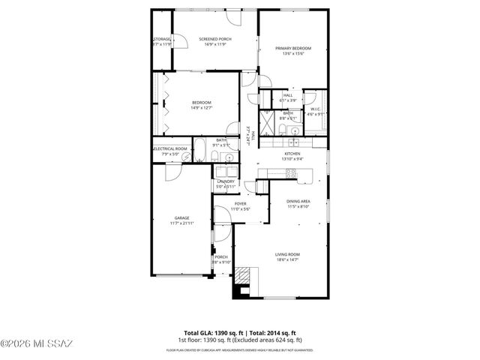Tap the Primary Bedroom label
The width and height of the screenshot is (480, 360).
pyautogui.click(x=292, y=49)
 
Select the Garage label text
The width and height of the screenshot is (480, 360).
pyautogui.click(x=181, y=218)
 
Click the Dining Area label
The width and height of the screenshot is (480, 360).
pyautogui.click(x=298, y=202)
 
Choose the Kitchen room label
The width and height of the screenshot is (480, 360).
pyautogui.click(x=292, y=154)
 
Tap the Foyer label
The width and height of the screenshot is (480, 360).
pyautogui.click(x=240, y=203)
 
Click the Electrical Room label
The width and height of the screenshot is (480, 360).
pyautogui.click(x=170, y=148)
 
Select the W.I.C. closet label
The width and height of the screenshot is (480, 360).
pyautogui.click(x=316, y=109)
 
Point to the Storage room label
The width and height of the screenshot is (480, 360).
pyautogui.click(x=162, y=40)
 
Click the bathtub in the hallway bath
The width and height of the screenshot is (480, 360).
pyautogui.click(x=199, y=151)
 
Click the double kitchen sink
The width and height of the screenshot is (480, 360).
pyautogui.click(x=294, y=141)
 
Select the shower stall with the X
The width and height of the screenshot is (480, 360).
pyautogui.click(x=267, y=123)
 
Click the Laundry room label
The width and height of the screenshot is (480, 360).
pyautogui.click(x=226, y=181)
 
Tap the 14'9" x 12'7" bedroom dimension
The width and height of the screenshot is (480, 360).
pyautogui.click(x=201, y=107)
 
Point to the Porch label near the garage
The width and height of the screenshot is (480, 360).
pyautogui.click(x=221, y=257)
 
